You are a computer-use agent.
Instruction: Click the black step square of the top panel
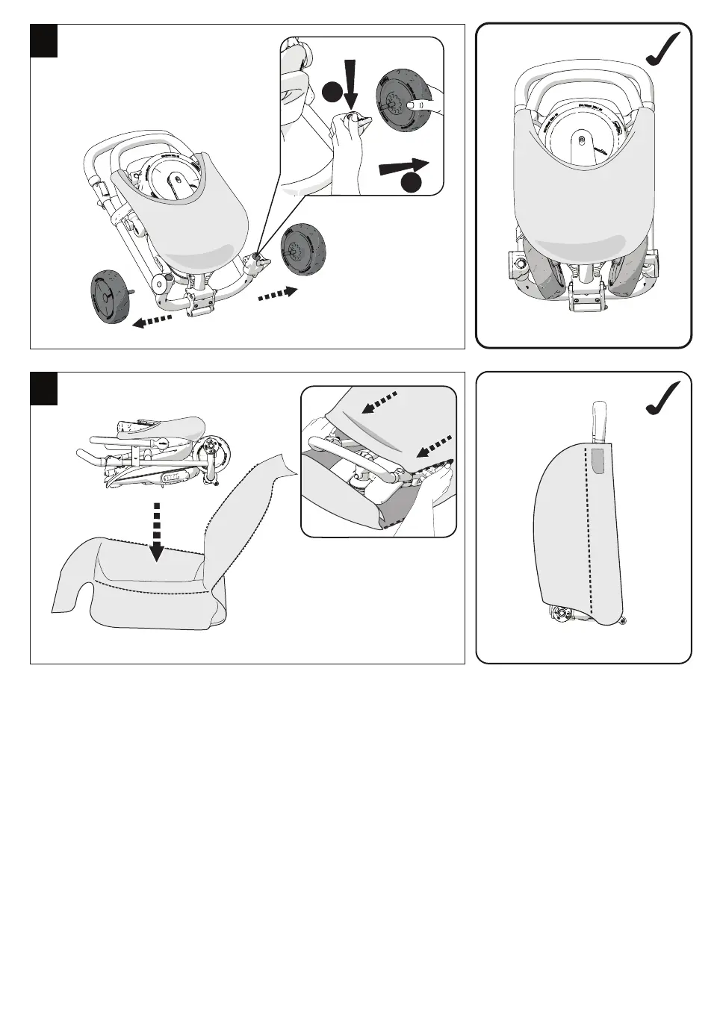pos(43,40)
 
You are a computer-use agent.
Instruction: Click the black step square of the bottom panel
pos(43,388)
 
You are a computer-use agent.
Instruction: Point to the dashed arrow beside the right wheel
pos(278,294)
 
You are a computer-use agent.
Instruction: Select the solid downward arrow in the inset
pos(351,83)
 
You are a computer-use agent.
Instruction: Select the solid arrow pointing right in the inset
pos(404,166)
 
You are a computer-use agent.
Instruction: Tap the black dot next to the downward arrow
pos(332,92)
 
